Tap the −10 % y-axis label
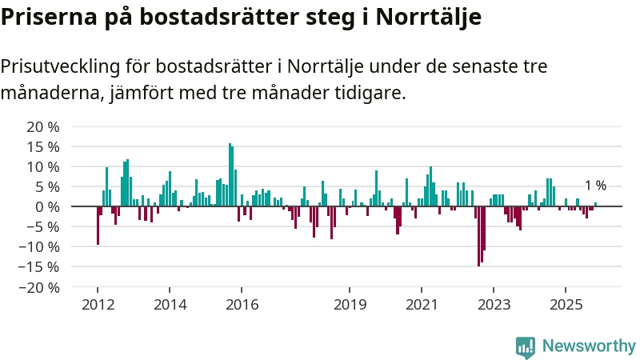(x=41, y=246)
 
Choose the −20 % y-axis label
(x=41, y=286)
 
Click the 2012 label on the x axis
(x=98, y=304)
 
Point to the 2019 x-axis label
(x=350, y=304)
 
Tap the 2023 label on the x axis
(x=494, y=304)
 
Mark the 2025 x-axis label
(x=566, y=304)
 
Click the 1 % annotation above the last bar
(x=595, y=186)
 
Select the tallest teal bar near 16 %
(x=230, y=175)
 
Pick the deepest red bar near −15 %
(x=478, y=236)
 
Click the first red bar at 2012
(x=98, y=226)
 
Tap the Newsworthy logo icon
(x=526, y=346)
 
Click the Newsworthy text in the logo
(x=589, y=346)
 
